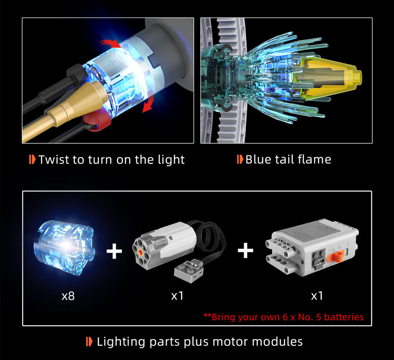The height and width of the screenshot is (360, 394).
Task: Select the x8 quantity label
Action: coord(68,296)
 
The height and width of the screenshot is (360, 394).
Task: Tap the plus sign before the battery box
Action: coord(245,250)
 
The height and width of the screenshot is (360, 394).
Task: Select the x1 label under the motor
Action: coord(177,296)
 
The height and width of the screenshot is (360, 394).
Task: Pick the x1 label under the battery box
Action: coord(317,296)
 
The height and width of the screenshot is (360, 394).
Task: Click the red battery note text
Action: coord(284,317)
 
